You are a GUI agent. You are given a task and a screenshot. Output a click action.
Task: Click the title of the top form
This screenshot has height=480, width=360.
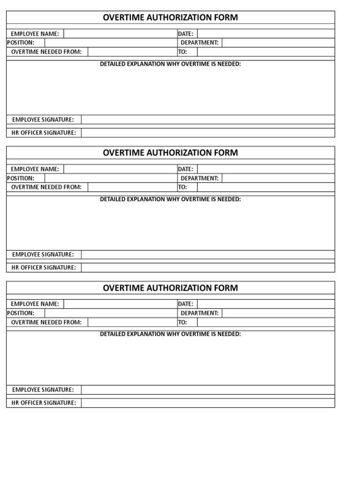[x=170, y=18]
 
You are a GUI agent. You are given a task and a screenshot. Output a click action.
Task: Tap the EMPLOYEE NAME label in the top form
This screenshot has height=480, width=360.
[x=35, y=34]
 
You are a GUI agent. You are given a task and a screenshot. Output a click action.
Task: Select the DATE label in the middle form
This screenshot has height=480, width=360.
[x=186, y=169]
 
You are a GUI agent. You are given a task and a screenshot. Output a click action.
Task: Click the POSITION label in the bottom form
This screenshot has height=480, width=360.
[x=21, y=313]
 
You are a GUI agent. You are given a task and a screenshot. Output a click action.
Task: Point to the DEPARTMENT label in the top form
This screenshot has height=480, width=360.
[x=200, y=43]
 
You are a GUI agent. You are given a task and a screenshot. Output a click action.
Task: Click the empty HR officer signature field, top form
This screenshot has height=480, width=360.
[x=208, y=133]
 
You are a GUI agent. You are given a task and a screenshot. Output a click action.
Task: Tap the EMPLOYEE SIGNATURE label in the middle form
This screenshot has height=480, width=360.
[x=43, y=255]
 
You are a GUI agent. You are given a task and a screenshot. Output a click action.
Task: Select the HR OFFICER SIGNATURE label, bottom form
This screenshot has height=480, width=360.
[x=44, y=403]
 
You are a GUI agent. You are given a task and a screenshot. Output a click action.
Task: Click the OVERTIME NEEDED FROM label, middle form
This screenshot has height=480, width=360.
[x=46, y=187]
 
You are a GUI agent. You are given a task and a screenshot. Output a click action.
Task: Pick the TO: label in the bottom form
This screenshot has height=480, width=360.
[x=182, y=322]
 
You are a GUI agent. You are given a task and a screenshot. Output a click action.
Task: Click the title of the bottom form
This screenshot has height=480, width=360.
[x=170, y=288]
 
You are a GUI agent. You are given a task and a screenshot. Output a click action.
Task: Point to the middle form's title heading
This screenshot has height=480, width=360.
[x=170, y=153]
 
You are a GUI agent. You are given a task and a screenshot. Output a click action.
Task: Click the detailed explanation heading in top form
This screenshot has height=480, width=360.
[x=170, y=64]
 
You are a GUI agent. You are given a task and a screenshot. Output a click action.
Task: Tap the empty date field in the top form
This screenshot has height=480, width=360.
[x=266, y=34]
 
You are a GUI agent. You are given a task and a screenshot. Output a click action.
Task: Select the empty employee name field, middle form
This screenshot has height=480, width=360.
[x=120, y=169]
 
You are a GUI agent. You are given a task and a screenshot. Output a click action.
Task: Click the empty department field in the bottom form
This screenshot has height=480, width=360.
[x=278, y=313]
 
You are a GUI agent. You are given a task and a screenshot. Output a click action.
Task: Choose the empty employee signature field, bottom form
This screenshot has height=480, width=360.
[x=208, y=390]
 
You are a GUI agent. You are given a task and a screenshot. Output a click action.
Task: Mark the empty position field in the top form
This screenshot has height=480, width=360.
[x=110, y=43]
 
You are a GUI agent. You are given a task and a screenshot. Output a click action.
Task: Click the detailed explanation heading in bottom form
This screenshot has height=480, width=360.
[x=170, y=334]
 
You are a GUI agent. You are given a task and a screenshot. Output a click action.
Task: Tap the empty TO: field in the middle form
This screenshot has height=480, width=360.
[x=266, y=187]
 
